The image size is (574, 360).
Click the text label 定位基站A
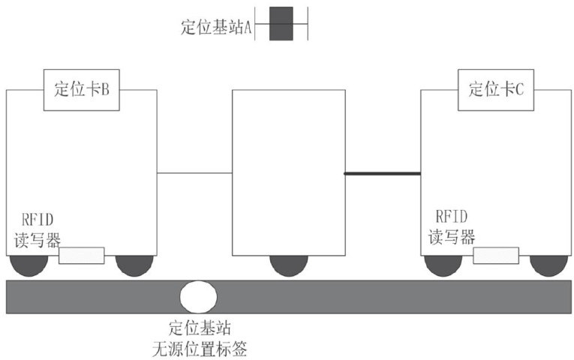pyautogui.click(x=215, y=27)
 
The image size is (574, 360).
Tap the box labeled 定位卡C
pyautogui.click(x=495, y=90)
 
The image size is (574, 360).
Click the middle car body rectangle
pyautogui.click(x=289, y=172)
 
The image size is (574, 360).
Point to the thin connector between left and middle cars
pyautogui.click(x=194, y=173)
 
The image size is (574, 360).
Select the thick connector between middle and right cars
pyautogui.click(x=383, y=173)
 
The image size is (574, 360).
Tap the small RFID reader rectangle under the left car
pyautogui.click(x=82, y=256)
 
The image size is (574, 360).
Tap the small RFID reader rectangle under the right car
pyautogui.click(x=496, y=256)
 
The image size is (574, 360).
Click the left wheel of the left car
pyautogui.click(x=29, y=265)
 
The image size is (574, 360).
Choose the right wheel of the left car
pyautogui.click(x=135, y=265)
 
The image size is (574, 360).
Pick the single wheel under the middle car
pyautogui.click(x=289, y=265)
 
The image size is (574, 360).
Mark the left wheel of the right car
pyautogui.click(x=443, y=265)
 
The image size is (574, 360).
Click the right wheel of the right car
pyautogui.click(x=549, y=265)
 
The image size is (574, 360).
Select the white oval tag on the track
pyautogui.click(x=199, y=297)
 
